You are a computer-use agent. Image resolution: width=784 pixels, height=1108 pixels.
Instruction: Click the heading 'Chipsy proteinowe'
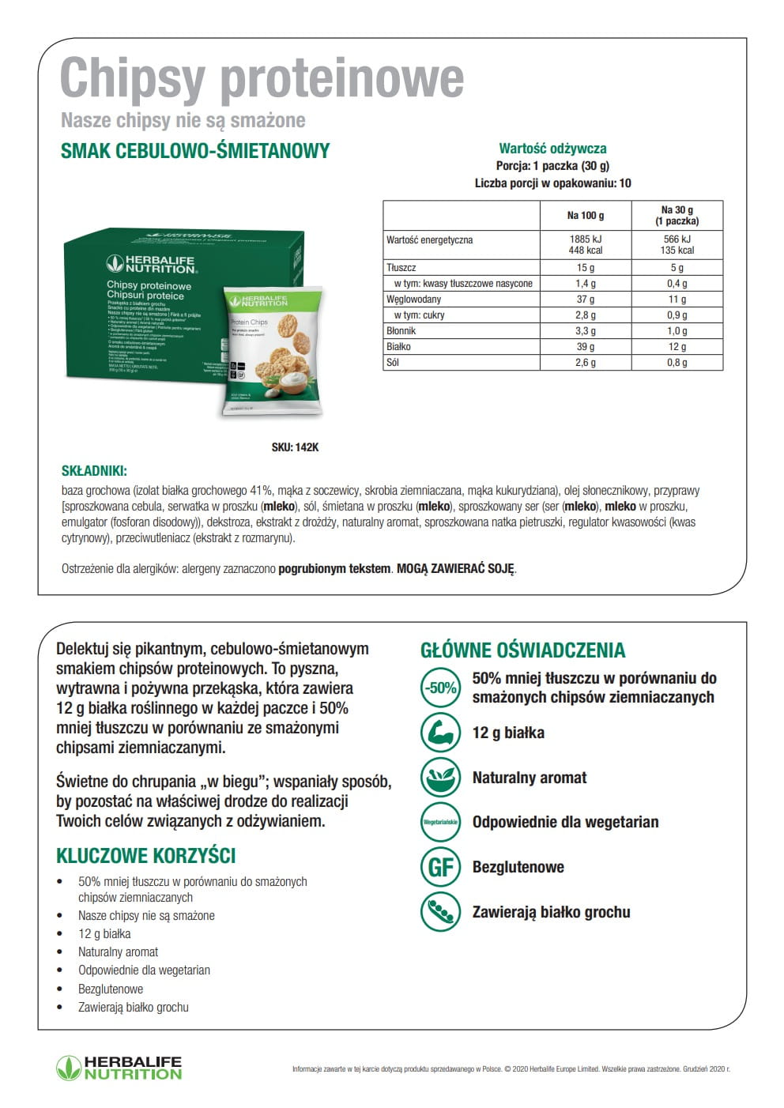pos(262,78)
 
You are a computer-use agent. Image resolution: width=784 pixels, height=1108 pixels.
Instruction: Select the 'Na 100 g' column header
pos(586,215)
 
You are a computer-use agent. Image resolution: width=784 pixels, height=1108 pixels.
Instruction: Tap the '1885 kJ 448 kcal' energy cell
pos(586,244)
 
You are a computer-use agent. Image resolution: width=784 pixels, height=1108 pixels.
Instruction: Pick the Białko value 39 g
pos(586,347)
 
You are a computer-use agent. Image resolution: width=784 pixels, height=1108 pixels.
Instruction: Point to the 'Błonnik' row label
pos(401,331)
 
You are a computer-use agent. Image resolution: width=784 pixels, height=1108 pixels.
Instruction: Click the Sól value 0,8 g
pos(677,363)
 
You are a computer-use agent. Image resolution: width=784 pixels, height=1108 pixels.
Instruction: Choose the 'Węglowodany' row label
pos(413,300)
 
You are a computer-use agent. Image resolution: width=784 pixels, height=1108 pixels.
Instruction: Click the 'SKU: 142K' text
pos(295,447)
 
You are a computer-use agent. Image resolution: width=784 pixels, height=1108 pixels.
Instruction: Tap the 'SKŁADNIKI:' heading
pos(94,471)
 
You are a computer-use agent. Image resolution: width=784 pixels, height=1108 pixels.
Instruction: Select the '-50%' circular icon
pos(440,688)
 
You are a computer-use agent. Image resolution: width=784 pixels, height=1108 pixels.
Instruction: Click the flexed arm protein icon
pos(440,733)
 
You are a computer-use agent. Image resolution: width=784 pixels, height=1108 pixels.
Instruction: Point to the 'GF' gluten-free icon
pos(440,867)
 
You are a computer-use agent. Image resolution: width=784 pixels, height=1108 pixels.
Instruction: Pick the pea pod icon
pos(440,912)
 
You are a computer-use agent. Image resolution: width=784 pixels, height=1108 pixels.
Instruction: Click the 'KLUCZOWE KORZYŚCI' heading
pos(145,856)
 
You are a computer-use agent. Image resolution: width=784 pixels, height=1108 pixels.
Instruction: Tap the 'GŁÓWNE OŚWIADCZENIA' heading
pos(522,650)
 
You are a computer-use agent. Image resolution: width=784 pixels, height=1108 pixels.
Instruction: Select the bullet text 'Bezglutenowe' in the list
pos(111,989)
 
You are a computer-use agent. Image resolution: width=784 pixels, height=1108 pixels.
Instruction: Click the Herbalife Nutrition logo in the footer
pos(119,1068)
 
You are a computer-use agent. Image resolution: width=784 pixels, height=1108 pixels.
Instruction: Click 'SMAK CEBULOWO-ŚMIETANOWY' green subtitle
pos(195,151)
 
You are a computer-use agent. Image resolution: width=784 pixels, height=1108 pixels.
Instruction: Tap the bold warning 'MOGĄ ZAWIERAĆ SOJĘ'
pos(455,568)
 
